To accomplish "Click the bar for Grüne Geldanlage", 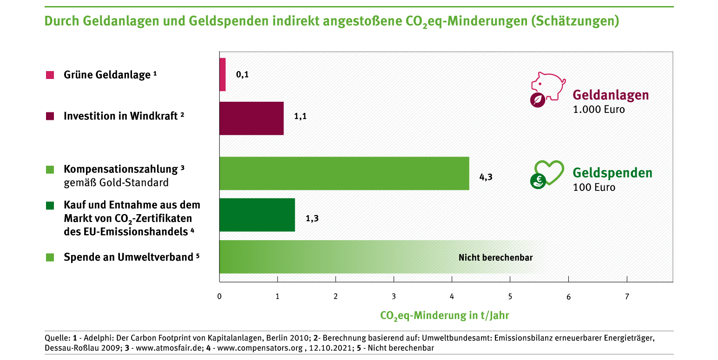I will tap(223, 74).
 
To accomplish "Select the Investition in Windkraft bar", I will tap(251, 118).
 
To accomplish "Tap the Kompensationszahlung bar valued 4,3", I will tap(344, 173).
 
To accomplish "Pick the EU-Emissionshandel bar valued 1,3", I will tap(257, 215).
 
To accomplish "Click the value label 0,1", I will tap(242, 75).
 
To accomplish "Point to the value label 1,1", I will tap(300, 116).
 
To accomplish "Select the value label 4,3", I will tap(486, 177).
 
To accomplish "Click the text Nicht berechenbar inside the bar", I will tap(495, 257).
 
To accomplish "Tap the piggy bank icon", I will tap(548, 85).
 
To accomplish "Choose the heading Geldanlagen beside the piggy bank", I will tap(611, 95).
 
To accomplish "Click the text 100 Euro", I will tap(594, 188).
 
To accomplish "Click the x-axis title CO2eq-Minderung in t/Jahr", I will tap(444, 316).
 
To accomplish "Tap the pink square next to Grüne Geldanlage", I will tap(50, 75).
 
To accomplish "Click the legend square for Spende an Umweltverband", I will tap(50, 257).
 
